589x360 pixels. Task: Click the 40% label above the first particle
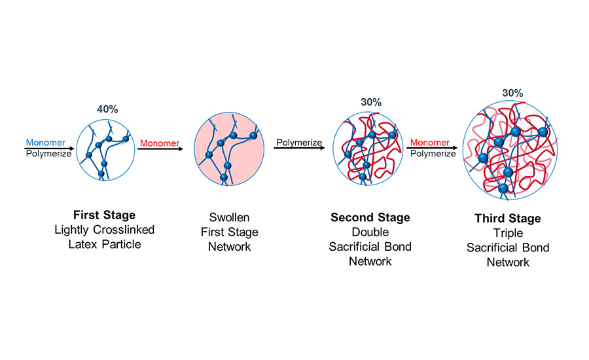(107, 109)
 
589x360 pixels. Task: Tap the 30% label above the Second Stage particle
(371, 102)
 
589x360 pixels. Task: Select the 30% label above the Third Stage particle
(512, 93)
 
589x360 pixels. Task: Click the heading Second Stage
(370, 218)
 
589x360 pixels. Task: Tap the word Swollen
(229, 217)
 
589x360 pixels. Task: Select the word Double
(370, 232)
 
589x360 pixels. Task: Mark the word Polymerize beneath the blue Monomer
(48, 154)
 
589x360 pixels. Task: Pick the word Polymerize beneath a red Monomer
(432, 154)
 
